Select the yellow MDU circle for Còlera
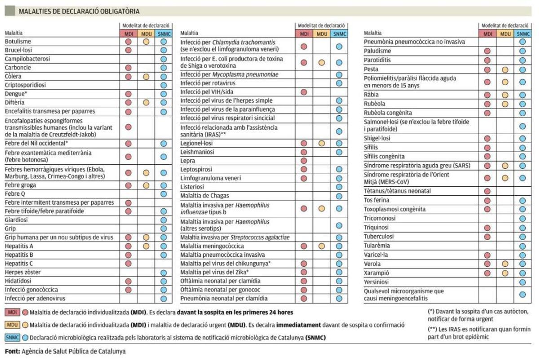146,76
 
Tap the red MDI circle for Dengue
128,94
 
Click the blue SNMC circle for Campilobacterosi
163,59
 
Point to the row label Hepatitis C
19,263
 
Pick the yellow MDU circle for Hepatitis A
146,246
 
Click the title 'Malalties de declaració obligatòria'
79,11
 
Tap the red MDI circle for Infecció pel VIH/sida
304,92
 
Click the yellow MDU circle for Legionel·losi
322,143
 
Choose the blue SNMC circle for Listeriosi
339,186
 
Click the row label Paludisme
377,51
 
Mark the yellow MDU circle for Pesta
505,70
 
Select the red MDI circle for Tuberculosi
487,237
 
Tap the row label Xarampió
376,273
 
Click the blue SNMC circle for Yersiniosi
522,282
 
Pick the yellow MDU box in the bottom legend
12,325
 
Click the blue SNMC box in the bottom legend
13,337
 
